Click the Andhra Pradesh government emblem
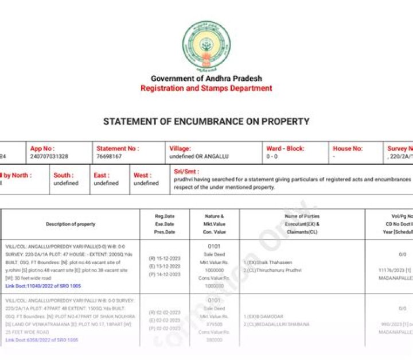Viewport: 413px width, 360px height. pos(206,44)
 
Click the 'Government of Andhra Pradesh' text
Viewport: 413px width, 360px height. pos(206,79)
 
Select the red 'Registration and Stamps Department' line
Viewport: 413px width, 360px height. pos(206,88)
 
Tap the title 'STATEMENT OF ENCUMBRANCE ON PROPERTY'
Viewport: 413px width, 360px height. pos(206,122)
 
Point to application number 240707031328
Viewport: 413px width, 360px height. pos(49,156)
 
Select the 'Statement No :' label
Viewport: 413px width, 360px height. pos(117,149)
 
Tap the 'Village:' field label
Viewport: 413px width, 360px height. pos(180,149)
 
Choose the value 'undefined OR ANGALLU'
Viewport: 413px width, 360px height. pos(196,156)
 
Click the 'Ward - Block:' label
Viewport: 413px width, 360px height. pos(285,149)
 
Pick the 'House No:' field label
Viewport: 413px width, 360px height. pos(348,149)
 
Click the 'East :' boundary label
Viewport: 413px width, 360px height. pos(102,175)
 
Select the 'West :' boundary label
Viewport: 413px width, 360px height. pos(143,175)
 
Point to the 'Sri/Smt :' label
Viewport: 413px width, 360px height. pos(186,172)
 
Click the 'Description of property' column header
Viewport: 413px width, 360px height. pos(71,224)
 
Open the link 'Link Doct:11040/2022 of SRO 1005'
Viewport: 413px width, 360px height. pos(43,285)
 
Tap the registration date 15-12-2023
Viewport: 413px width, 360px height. pos(164,258)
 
